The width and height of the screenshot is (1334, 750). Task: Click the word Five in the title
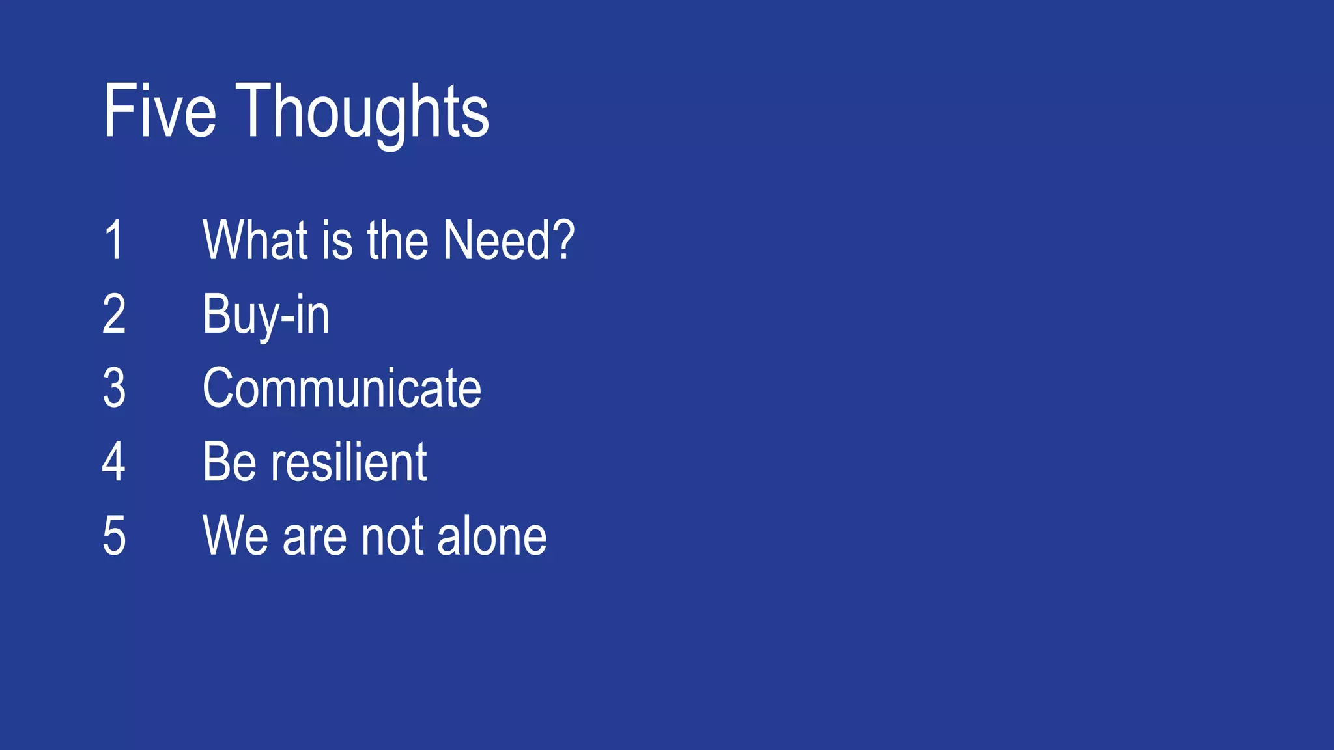tap(160, 111)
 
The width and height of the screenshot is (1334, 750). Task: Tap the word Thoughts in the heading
tap(362, 113)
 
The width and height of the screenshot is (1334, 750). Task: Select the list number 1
tap(114, 240)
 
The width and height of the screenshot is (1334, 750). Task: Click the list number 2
tap(114, 314)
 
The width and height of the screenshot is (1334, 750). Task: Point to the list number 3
tap(114, 388)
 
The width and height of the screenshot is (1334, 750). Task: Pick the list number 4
tap(114, 462)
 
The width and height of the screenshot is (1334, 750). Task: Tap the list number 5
tap(114, 536)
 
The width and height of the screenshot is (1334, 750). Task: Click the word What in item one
tap(255, 240)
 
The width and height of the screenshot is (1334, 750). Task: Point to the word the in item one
tap(397, 240)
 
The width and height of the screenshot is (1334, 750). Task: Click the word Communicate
tap(342, 389)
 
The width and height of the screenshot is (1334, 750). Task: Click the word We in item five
tap(234, 536)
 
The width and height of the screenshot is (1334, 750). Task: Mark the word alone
tap(492, 536)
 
